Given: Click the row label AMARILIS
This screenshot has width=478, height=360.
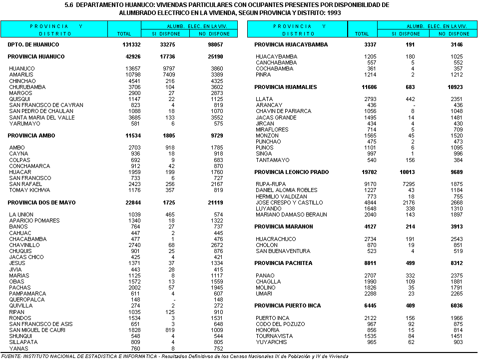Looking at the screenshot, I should (21, 74).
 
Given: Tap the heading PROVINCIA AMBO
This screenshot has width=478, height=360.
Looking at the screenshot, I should (31, 135).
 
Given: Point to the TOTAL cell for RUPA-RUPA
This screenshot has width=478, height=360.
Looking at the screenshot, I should (362, 184).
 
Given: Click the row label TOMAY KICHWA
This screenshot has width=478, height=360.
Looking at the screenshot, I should (29, 190).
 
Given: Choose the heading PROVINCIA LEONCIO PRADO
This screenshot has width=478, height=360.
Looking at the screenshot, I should (292, 172).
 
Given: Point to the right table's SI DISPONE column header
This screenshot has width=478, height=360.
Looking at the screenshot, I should (406, 34).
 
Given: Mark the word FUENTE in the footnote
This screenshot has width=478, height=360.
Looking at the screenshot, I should (11, 356).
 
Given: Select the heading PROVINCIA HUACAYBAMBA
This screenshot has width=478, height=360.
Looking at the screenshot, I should (291, 44).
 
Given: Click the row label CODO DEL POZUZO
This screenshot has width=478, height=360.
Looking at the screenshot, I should (280, 324).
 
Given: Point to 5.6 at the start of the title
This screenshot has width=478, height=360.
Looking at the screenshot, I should (69, 4).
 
